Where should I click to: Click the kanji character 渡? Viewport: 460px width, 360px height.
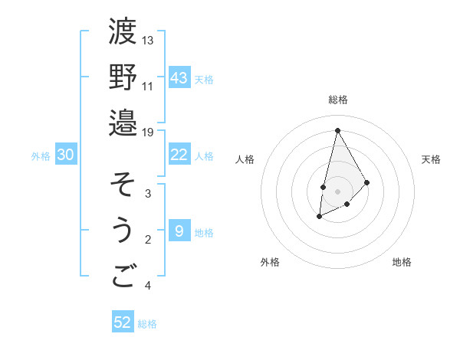tap(123, 31)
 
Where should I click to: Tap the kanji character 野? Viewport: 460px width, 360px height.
tap(123, 77)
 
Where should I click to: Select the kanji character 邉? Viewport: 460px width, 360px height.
tap(123, 123)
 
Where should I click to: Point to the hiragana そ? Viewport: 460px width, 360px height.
tap(123, 185)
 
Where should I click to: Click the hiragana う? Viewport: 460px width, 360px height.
tap(123, 231)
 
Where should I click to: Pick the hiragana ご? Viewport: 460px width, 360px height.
tap(123, 276)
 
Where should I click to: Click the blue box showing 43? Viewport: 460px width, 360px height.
tap(179, 78)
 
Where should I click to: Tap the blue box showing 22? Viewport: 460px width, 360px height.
tap(179, 155)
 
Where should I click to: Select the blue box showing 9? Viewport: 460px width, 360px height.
tap(179, 231)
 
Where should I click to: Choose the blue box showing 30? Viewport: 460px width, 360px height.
tap(66, 155)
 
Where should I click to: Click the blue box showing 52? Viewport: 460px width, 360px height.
tap(123, 322)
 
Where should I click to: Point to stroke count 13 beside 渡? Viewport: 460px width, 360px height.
tap(148, 40)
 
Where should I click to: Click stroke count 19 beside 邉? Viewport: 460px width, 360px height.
tap(148, 132)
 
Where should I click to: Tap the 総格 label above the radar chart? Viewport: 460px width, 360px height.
tap(337, 100)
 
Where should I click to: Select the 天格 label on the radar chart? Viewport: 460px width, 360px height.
tap(431, 159)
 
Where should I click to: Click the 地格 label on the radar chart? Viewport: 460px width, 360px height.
tap(402, 262)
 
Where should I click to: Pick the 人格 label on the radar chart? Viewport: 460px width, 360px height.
tap(245, 159)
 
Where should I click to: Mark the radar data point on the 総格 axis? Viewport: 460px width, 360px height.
tap(337, 129)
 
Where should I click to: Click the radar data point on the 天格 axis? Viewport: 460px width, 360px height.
tap(367, 182)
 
